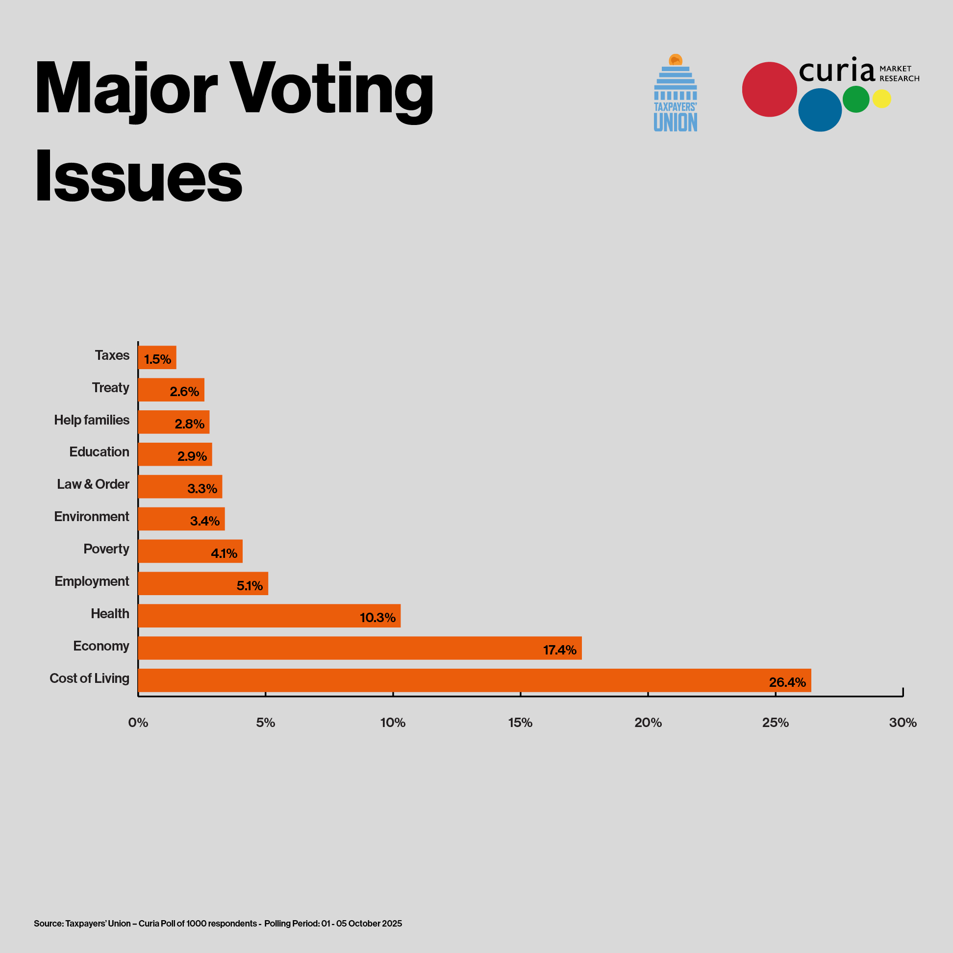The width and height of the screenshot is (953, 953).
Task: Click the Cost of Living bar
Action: tap(474, 680)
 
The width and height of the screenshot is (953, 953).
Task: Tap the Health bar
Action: tap(269, 616)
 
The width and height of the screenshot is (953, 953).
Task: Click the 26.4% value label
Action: tap(787, 682)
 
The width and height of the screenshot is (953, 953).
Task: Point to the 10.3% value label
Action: tap(377, 618)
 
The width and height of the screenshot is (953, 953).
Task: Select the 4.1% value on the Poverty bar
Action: tap(224, 553)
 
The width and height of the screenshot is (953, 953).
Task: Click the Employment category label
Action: tap(92, 581)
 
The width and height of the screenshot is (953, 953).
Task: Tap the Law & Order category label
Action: tap(93, 484)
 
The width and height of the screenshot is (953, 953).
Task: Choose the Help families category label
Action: tap(92, 420)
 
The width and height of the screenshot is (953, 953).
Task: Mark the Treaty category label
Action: tap(110, 388)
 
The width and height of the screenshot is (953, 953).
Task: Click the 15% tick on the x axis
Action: tap(520, 723)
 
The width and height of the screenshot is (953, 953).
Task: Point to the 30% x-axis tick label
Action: tap(902, 723)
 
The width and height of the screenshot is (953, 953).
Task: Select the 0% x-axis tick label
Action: tap(138, 723)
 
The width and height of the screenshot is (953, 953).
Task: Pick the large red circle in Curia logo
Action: tap(769, 89)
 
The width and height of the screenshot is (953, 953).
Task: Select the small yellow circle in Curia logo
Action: tap(881, 99)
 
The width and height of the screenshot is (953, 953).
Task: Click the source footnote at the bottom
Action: tap(218, 924)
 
